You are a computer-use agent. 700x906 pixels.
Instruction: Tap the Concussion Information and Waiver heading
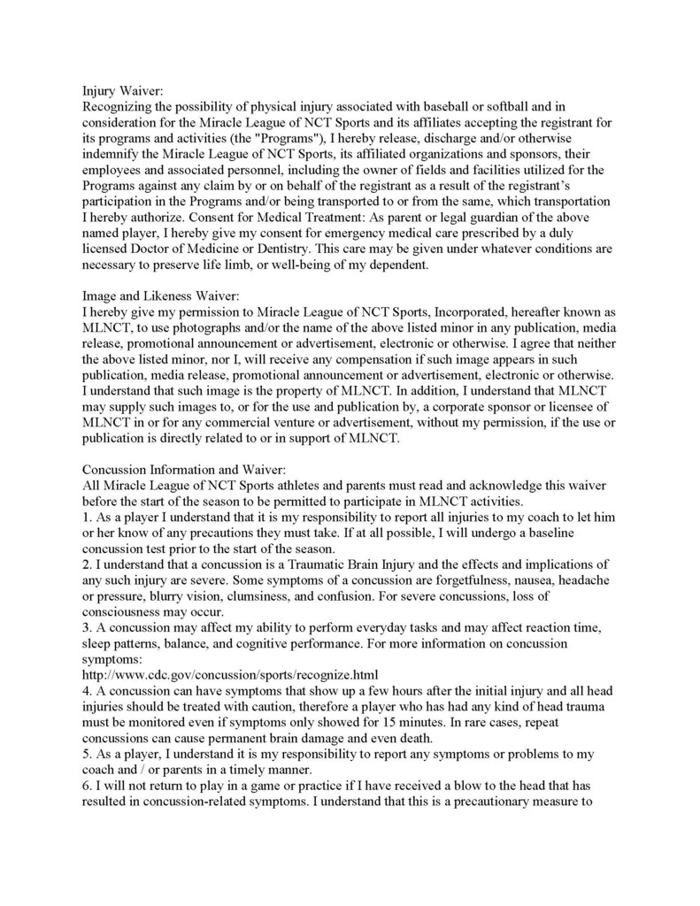[184, 470]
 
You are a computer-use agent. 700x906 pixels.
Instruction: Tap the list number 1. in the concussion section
[87, 518]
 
